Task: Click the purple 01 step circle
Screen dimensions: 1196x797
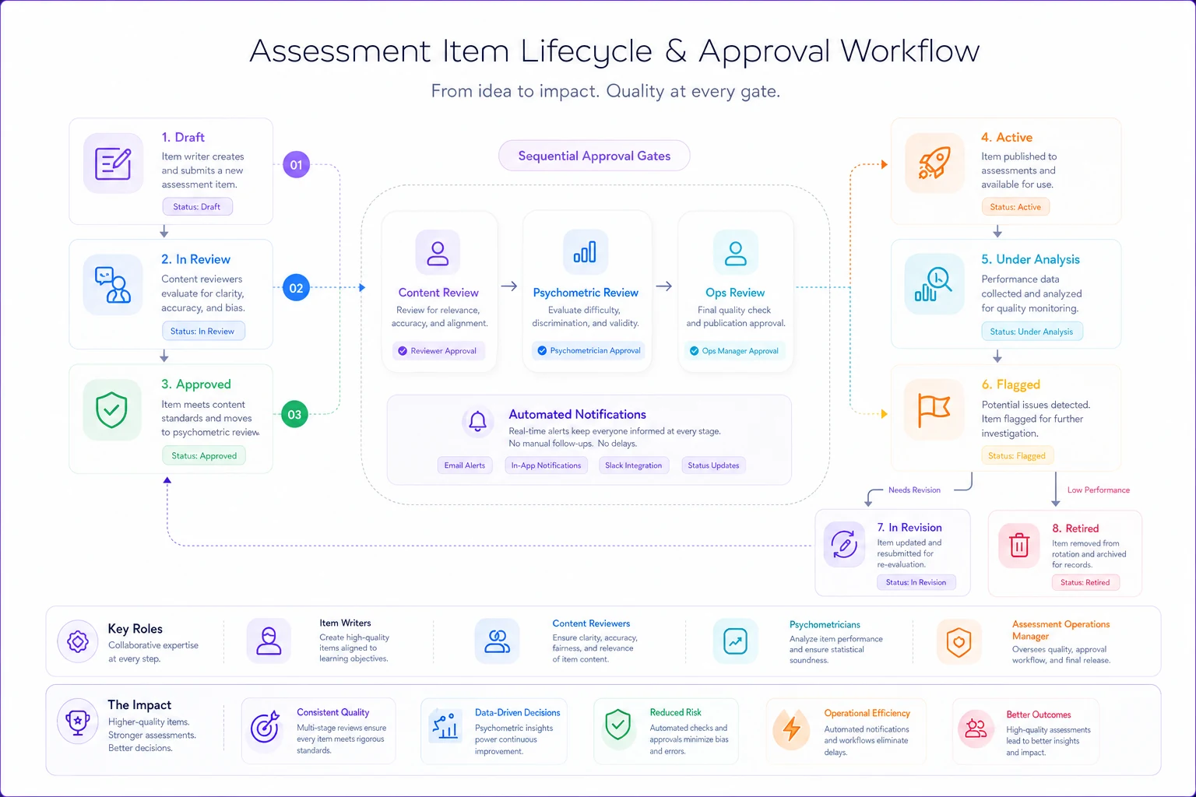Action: coord(297,165)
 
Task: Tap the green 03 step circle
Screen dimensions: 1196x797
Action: coord(295,414)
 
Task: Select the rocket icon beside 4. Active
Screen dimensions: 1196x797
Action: coord(934,163)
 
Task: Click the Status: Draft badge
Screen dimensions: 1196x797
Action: coord(197,206)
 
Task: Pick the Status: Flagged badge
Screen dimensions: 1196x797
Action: coord(1017,455)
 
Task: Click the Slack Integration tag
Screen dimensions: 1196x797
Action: coord(633,465)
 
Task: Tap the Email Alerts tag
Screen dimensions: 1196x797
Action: coord(465,465)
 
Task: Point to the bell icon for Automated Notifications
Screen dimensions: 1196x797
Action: coord(477,421)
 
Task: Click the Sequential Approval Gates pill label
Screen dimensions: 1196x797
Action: coord(594,156)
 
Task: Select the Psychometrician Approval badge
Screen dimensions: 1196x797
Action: coord(588,351)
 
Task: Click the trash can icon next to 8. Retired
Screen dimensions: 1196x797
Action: coord(1018,545)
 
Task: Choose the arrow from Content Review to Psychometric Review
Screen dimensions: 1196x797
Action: coord(508,286)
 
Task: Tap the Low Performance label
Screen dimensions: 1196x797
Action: coord(1099,490)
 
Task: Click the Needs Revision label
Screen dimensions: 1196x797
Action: coord(914,490)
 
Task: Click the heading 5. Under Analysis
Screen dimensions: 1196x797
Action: coord(1030,259)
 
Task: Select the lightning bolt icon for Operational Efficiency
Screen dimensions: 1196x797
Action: coord(791,729)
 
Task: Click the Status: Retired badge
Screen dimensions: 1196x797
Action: coord(1085,582)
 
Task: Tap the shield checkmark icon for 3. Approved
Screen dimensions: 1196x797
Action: coord(111,410)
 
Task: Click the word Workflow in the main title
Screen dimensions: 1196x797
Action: coord(909,51)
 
